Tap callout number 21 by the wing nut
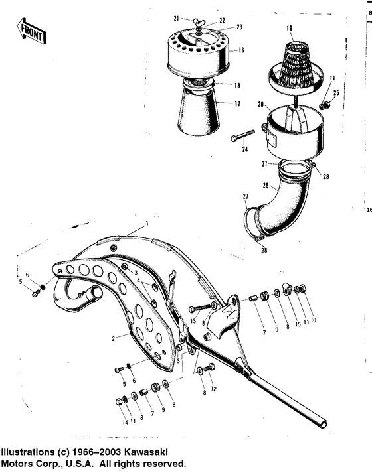point(177,19)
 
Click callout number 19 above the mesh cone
point(289,29)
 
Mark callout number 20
point(261,104)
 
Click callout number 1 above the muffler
point(147,217)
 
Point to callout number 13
point(191,321)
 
